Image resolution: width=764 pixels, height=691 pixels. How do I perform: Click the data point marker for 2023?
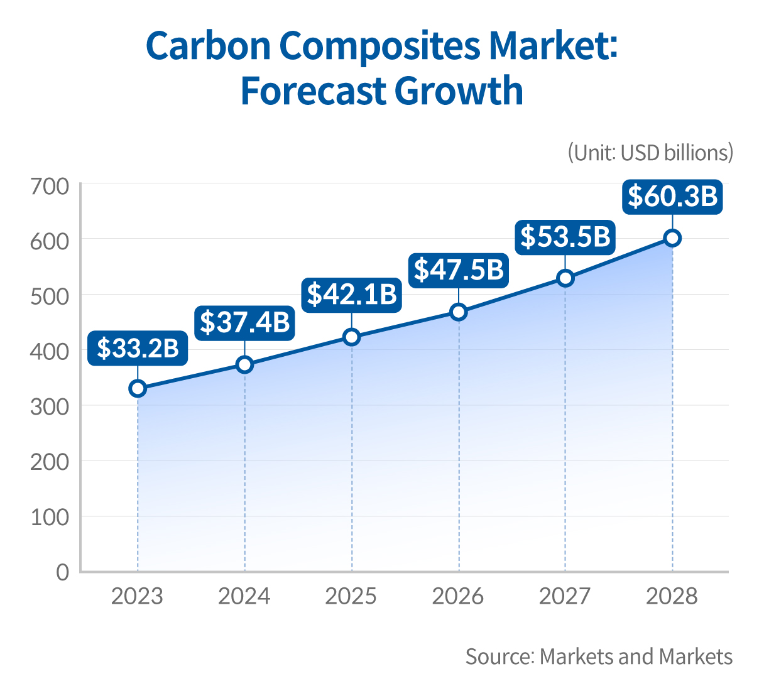click(x=138, y=388)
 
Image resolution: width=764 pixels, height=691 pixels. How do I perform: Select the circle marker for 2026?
click(x=459, y=312)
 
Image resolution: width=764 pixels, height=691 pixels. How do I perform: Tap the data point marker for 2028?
click(x=672, y=238)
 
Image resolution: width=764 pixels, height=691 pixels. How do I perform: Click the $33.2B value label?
click(x=138, y=347)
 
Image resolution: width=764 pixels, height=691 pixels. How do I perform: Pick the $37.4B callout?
click(x=244, y=322)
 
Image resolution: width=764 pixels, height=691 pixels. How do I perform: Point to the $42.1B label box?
click(x=352, y=294)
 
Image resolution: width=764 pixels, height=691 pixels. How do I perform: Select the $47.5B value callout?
click(x=459, y=269)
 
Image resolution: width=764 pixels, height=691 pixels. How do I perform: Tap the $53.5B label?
click(x=565, y=237)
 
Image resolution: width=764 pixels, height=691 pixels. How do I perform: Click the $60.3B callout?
click(x=672, y=196)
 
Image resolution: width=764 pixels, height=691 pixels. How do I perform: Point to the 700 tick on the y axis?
click(x=50, y=187)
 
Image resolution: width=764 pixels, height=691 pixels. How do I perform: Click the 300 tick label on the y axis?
click(x=50, y=406)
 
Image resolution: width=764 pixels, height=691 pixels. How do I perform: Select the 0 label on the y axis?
click(x=62, y=572)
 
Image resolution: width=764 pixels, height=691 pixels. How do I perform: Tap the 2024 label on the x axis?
click(x=244, y=596)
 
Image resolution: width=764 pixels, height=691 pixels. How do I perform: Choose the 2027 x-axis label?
click(x=565, y=596)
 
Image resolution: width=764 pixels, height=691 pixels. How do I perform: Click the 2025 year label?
click(x=351, y=596)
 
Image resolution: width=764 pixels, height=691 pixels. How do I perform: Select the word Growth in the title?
click(x=459, y=90)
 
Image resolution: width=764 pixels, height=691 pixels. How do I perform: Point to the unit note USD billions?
click(x=650, y=153)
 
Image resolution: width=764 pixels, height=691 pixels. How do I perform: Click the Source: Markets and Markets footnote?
click(x=599, y=656)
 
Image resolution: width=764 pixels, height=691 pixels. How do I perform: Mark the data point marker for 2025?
click(x=352, y=337)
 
